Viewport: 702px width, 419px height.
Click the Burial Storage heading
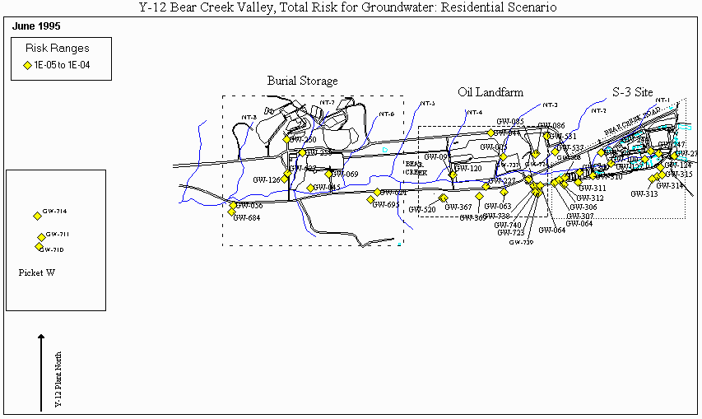click(x=302, y=81)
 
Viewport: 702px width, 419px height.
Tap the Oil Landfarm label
click(x=490, y=91)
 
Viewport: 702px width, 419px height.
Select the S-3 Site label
click(x=633, y=91)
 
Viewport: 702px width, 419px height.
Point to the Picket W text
click(x=35, y=272)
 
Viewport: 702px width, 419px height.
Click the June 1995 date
click(x=36, y=26)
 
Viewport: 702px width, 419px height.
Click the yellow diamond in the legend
click(x=27, y=65)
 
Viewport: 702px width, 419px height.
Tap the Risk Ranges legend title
click(x=58, y=49)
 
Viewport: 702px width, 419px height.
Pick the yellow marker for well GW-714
click(x=37, y=216)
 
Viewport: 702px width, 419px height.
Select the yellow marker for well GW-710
click(x=39, y=246)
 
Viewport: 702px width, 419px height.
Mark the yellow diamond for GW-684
click(x=231, y=212)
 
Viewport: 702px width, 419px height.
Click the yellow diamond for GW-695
click(x=370, y=200)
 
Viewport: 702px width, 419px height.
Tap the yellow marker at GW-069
click(x=328, y=174)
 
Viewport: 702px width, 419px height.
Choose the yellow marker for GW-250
click(x=286, y=139)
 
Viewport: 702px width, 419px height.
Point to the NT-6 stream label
click(x=387, y=114)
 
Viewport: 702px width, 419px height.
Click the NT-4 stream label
click(x=475, y=112)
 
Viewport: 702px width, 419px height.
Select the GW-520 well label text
click(x=422, y=210)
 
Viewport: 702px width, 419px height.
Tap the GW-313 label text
click(x=644, y=194)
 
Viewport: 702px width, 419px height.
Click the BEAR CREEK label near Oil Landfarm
click(x=416, y=167)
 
